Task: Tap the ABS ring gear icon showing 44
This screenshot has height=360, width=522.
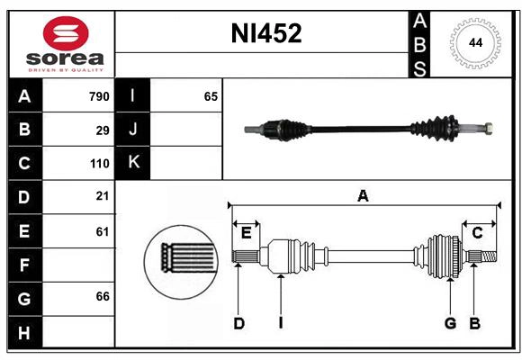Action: [x=476, y=43]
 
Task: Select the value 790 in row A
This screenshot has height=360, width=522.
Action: [x=98, y=96]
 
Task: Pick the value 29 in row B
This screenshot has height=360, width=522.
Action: [x=102, y=130]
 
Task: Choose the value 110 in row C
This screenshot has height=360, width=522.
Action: [x=98, y=164]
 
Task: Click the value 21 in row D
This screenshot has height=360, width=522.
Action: [x=102, y=195]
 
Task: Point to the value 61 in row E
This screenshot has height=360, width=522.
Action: [x=102, y=231]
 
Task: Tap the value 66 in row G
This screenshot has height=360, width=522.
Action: [x=102, y=296]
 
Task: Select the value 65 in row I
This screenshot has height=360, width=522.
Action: [x=211, y=96]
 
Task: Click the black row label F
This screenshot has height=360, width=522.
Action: [x=23, y=265]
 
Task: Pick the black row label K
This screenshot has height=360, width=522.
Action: [x=133, y=163]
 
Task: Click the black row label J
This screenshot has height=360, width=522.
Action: [x=133, y=130]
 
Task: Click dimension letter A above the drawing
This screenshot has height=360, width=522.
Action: [x=363, y=195]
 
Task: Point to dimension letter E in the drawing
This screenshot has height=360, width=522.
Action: [x=246, y=233]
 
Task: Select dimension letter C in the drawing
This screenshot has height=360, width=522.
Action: [x=478, y=233]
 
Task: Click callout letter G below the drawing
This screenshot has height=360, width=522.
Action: [x=449, y=323]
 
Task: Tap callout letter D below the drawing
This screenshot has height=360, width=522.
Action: [x=238, y=323]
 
